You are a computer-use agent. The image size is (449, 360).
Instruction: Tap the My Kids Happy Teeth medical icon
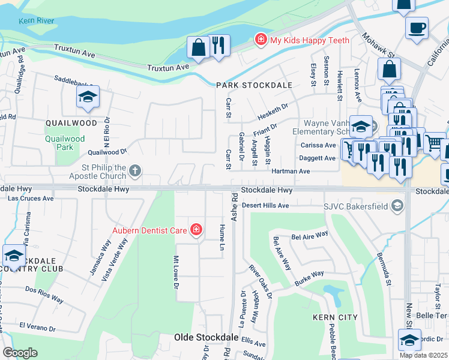tap(261, 40)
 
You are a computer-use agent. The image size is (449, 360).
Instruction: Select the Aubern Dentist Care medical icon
tap(196, 229)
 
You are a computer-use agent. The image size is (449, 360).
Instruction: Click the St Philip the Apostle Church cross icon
tap(135, 172)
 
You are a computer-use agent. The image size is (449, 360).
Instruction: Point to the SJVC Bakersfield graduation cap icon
tap(397, 206)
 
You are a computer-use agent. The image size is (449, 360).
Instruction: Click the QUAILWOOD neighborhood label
tap(71, 122)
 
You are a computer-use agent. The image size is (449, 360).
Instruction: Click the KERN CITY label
tap(335, 317)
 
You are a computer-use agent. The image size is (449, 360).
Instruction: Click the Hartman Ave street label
tap(291, 171)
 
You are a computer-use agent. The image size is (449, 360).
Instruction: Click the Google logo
tap(20, 353)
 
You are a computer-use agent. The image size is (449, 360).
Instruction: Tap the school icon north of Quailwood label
tap(88, 97)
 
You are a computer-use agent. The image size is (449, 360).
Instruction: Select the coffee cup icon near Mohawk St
tap(417, 28)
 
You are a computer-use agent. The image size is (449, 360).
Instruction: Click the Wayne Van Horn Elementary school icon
tap(361, 127)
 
